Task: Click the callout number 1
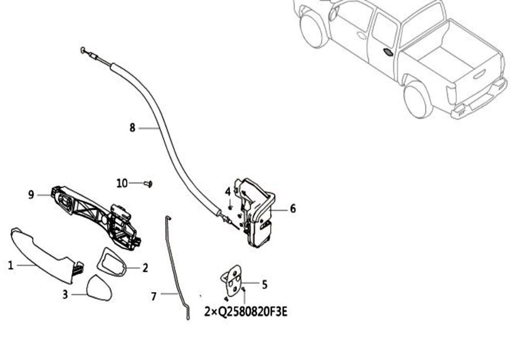[x=10, y=265]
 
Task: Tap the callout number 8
[x=132, y=128]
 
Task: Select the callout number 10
[x=122, y=183]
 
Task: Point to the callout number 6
[x=293, y=208]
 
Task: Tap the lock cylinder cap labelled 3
[x=99, y=288]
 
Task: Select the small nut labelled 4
[x=230, y=207]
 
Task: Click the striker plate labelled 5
[x=232, y=280]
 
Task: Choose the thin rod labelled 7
[x=177, y=267]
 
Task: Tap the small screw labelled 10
[x=149, y=184]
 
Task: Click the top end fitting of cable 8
[x=89, y=54]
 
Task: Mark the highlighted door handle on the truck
[x=387, y=52]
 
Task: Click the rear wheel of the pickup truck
[x=418, y=100]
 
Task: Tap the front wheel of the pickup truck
[x=314, y=28]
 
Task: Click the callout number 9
[x=31, y=195]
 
